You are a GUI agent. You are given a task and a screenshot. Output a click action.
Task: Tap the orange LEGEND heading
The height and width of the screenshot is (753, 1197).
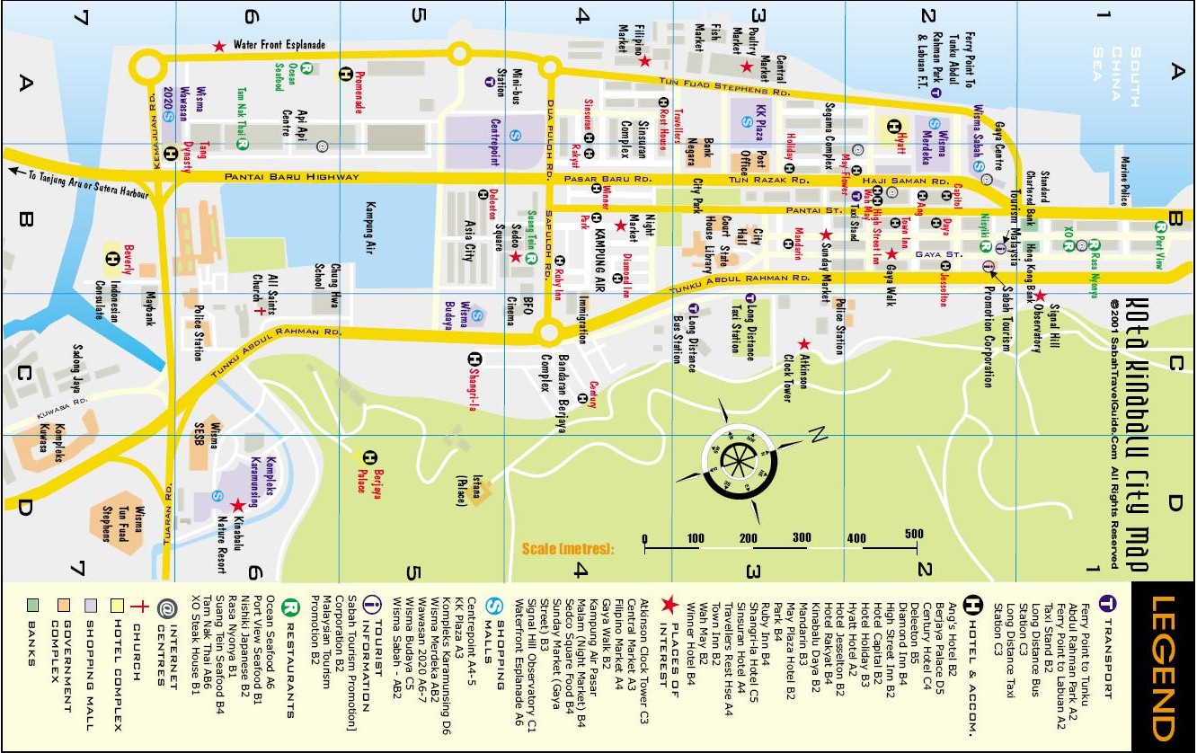coord(1161,666)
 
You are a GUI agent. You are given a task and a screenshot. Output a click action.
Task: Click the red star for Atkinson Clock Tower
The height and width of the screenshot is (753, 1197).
coord(803,344)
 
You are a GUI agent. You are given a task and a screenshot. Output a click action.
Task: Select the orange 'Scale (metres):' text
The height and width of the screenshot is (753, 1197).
coord(567,548)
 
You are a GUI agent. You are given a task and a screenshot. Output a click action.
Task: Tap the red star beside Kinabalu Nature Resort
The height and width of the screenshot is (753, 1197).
coord(237,506)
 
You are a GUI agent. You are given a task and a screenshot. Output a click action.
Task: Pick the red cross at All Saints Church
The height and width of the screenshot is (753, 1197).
coord(260,310)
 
